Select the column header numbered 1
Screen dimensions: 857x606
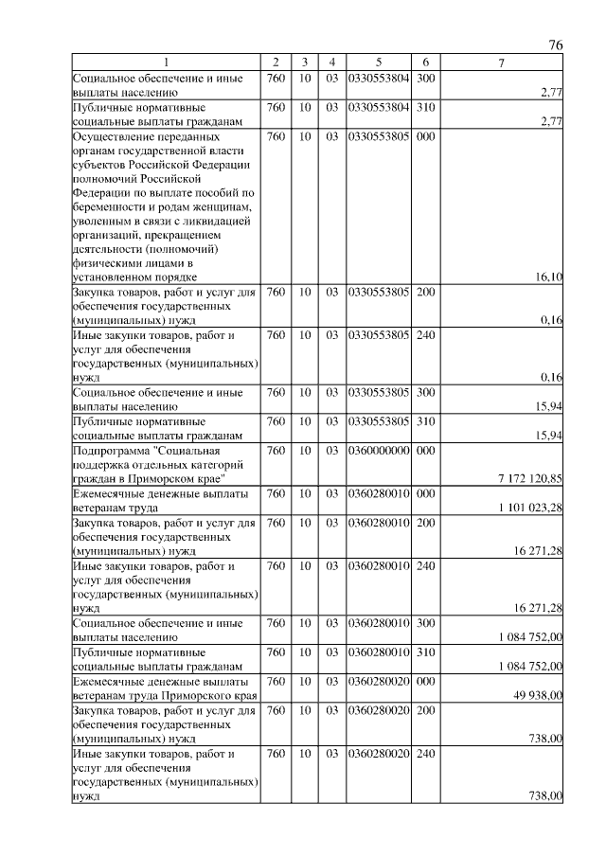(167, 62)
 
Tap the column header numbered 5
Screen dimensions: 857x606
(378, 62)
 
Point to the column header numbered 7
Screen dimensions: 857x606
(502, 62)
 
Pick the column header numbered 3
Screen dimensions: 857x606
(305, 62)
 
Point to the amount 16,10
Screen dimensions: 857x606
(549, 277)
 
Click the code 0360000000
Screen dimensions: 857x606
(378, 451)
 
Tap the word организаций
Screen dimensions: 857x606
(107, 235)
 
